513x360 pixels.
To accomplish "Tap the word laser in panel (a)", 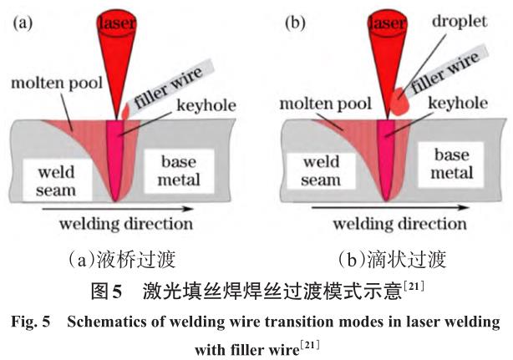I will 119,25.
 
